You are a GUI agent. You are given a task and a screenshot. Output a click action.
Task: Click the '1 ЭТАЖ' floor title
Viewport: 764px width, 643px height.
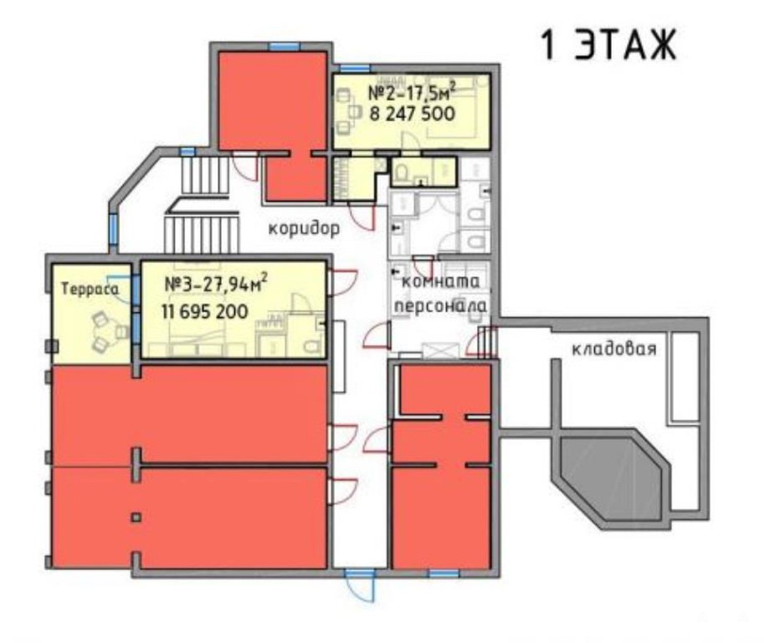tap(608, 45)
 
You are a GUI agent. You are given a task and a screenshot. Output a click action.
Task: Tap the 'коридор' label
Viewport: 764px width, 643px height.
tap(304, 228)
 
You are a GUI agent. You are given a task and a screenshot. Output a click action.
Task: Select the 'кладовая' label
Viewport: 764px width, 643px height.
tap(614, 349)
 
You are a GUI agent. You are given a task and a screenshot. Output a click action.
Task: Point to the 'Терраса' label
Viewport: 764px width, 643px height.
tap(90, 289)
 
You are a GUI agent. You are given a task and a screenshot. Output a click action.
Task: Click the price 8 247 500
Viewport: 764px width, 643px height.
tap(412, 114)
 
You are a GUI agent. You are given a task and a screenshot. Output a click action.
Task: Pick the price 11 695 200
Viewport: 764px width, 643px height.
tap(205, 311)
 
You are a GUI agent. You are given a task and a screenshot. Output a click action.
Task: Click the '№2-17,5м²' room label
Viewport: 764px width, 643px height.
tap(412, 91)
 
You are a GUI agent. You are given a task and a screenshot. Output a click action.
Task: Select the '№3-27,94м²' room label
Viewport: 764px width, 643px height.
tap(216, 284)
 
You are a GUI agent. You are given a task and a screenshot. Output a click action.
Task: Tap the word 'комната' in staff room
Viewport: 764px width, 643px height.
tap(441, 281)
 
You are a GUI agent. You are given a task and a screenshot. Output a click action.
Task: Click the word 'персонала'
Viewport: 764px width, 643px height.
tap(441, 306)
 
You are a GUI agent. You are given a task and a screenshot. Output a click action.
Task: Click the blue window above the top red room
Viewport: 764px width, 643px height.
tap(284, 47)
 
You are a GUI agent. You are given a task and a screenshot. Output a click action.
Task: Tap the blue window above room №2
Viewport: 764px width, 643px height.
tap(355, 69)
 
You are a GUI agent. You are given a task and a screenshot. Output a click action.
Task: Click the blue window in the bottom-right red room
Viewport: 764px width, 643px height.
tap(444, 574)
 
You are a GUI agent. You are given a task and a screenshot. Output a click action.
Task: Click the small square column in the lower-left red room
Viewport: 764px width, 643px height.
tap(136, 517)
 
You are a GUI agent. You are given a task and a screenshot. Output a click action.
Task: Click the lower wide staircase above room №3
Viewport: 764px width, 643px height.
tap(202, 235)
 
